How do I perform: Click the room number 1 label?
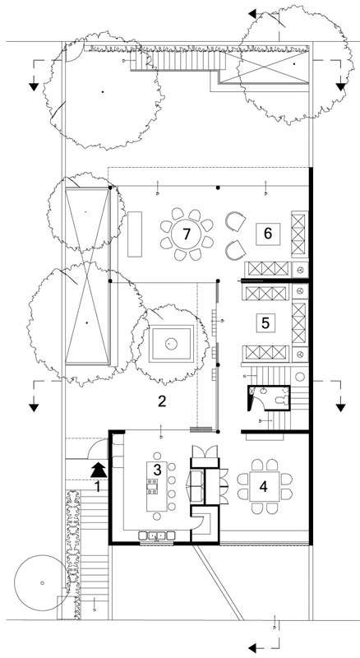click(x=97, y=486)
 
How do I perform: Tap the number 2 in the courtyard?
click(x=162, y=401)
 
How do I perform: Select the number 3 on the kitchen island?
click(x=157, y=470)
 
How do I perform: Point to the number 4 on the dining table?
click(x=264, y=486)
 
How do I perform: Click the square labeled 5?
click(x=265, y=322)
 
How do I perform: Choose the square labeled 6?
click(x=268, y=233)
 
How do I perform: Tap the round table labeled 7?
click(x=187, y=234)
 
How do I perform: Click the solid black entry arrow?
click(x=99, y=470)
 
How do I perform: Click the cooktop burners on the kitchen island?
click(x=152, y=487)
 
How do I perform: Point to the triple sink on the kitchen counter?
click(x=157, y=535)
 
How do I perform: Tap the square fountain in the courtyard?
click(x=170, y=344)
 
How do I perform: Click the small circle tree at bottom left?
click(x=42, y=582)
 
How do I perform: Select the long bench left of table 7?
click(x=135, y=234)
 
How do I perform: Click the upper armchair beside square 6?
click(x=235, y=221)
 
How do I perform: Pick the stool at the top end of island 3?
click(x=157, y=456)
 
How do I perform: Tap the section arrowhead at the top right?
click(x=341, y=87)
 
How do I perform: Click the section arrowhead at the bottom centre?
click(x=252, y=648)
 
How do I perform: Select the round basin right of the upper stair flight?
click(x=300, y=376)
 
